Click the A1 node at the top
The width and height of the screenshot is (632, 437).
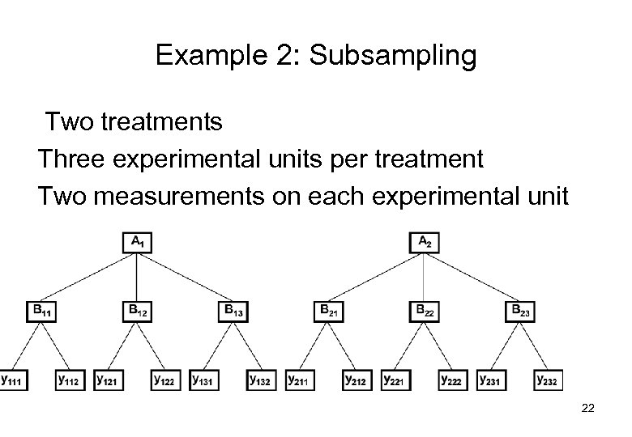(136, 242)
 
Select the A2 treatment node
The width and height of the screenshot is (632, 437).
(424, 242)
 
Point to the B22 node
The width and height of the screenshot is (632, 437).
(424, 310)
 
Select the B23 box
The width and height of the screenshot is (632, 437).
(519, 310)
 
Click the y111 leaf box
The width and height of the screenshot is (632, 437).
(13, 379)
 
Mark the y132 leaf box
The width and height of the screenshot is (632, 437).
(261, 379)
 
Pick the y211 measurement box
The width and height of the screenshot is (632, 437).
(300, 379)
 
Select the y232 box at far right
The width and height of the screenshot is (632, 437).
(548, 379)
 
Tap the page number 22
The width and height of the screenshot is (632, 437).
(588, 409)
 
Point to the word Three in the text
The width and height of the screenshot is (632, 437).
(68, 159)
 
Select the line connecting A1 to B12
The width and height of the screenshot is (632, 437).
(136, 276)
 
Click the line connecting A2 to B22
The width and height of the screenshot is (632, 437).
(424, 276)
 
